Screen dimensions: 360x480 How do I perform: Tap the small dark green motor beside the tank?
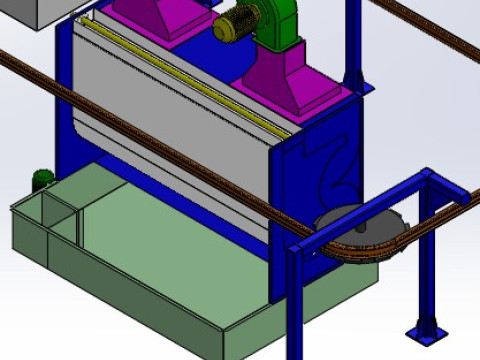[x=42, y=180]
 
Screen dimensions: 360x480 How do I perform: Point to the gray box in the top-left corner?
[x=30, y=12]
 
